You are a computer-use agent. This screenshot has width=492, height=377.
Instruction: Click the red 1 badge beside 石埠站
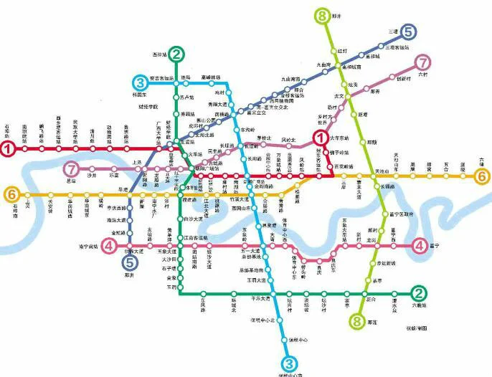(x=8, y=150)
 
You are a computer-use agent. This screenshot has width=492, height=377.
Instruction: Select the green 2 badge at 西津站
(x=178, y=52)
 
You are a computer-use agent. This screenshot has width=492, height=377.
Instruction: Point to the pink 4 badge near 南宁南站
(x=109, y=247)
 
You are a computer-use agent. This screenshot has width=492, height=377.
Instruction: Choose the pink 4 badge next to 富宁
(x=419, y=247)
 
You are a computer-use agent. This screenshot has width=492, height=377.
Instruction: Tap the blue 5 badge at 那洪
(x=128, y=263)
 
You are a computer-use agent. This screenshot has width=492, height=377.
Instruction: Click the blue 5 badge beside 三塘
(x=408, y=32)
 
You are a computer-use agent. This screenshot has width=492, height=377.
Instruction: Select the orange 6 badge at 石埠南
(x=11, y=194)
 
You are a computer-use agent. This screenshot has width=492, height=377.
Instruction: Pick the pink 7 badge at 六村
(x=425, y=63)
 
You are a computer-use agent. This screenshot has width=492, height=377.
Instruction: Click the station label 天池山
(x=382, y=172)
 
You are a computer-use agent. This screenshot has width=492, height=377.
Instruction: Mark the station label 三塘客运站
(x=398, y=47)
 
